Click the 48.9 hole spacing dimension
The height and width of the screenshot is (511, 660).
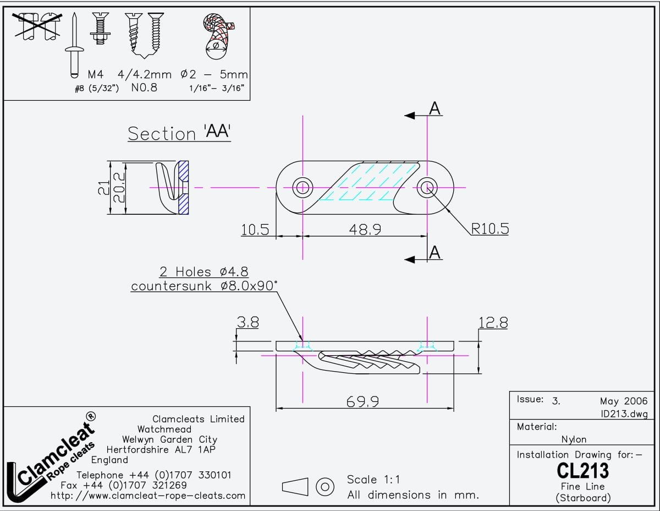click(x=365, y=229)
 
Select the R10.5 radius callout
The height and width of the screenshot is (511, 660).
click(x=490, y=229)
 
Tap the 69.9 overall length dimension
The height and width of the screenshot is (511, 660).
click(x=362, y=402)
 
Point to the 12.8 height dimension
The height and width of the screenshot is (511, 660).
click(x=493, y=323)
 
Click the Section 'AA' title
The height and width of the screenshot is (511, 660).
click(x=179, y=133)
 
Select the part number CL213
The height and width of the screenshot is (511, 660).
click(x=582, y=471)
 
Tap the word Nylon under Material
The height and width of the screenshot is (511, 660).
click(x=574, y=439)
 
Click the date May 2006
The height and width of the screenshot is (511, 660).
click(x=624, y=401)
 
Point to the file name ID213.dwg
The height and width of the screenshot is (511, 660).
click(x=624, y=414)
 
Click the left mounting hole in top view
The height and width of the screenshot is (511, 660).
click(x=302, y=188)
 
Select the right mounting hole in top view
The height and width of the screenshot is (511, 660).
click(x=427, y=188)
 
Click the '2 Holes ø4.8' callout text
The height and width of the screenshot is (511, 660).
click(x=204, y=272)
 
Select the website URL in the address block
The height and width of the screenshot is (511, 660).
click(x=148, y=496)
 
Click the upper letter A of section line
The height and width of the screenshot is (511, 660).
click(x=435, y=109)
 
